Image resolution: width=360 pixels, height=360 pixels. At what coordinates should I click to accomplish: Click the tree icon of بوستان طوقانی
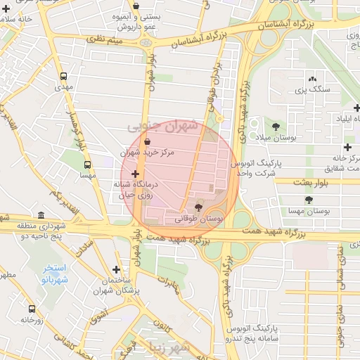point(198,207)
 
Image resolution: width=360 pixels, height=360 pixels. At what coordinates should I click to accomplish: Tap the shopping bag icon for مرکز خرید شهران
point(146,141)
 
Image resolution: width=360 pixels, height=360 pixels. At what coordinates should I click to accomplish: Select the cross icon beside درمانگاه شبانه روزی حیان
point(135,173)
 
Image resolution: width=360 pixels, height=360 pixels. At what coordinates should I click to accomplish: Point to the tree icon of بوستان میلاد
point(276,127)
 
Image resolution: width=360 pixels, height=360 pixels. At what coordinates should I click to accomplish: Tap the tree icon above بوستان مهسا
point(309,200)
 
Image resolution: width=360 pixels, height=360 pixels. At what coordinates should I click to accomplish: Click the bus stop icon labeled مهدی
point(64,76)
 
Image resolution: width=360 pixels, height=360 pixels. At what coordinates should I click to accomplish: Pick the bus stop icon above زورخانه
point(32,308)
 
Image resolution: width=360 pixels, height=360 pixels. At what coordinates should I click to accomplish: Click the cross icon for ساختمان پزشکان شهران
point(116,269)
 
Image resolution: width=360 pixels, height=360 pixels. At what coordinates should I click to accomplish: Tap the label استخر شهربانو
point(54,274)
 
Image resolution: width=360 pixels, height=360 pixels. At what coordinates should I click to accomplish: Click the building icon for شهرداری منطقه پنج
point(41,214)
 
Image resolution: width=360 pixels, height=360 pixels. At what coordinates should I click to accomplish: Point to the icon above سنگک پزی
point(312,79)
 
